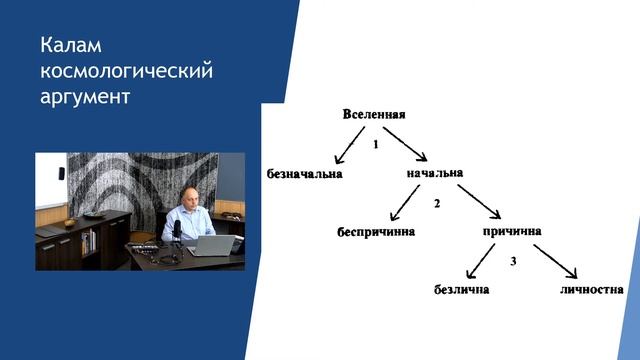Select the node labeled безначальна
(305, 174)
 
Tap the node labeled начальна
(435, 173)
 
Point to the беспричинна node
(375, 232)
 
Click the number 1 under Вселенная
(374, 144)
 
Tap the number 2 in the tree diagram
(437, 204)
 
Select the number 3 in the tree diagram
(512, 262)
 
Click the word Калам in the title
(72, 46)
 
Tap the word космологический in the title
(127, 72)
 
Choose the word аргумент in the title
(85, 98)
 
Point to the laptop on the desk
(212, 244)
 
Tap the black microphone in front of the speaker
(177, 231)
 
